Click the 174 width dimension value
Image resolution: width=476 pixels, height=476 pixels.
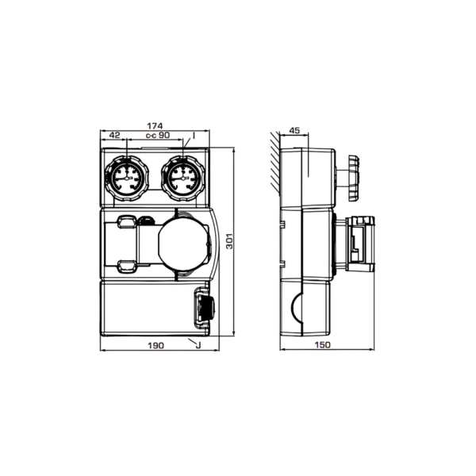[x=155, y=125]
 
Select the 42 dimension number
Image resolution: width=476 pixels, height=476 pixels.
[x=115, y=135]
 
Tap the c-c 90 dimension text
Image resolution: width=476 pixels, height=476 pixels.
[x=158, y=135]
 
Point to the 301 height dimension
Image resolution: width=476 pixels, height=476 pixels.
[x=230, y=241]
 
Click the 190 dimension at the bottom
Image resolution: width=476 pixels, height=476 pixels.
[x=156, y=345]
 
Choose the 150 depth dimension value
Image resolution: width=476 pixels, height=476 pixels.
[x=322, y=345]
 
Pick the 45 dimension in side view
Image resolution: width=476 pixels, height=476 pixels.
[x=294, y=131]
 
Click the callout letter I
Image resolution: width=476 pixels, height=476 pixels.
[x=194, y=136]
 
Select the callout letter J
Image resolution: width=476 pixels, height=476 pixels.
[x=198, y=345]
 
